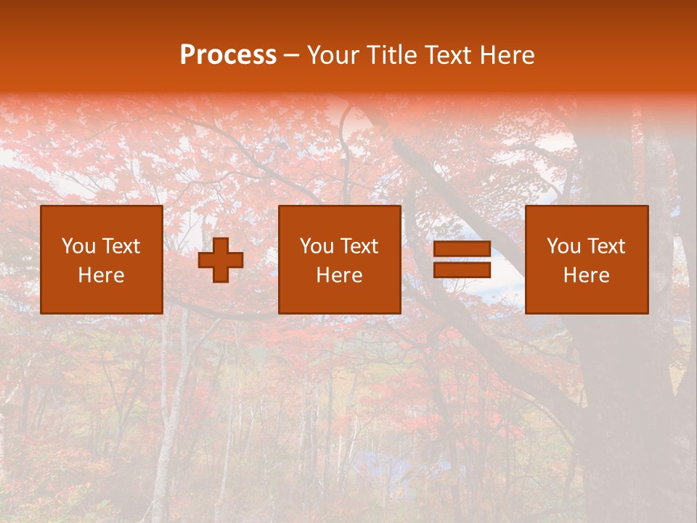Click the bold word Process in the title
pyautogui.click(x=228, y=55)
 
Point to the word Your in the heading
pyautogui.click(x=334, y=55)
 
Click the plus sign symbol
pyautogui.click(x=221, y=260)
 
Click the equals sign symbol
pyautogui.click(x=462, y=259)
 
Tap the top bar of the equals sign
pyautogui.click(x=462, y=249)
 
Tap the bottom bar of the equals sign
pyautogui.click(x=462, y=269)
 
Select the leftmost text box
pyautogui.click(x=102, y=259)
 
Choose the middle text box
pyautogui.click(x=340, y=259)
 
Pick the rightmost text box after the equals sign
pyautogui.click(x=587, y=259)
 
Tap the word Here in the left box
pyautogui.click(x=102, y=275)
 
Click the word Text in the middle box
pyautogui.click(x=359, y=246)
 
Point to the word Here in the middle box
pyautogui.click(x=340, y=275)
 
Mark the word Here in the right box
pyautogui.click(x=587, y=275)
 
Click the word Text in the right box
pyautogui.click(x=606, y=246)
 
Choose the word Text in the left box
pyautogui.click(x=121, y=246)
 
